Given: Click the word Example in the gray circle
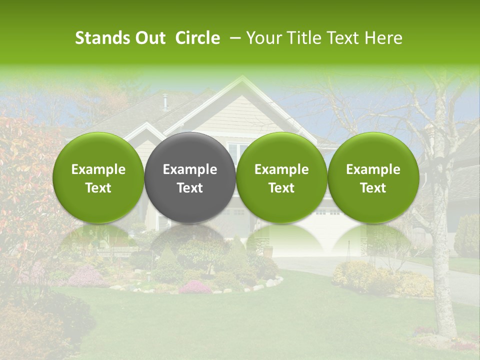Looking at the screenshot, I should coord(190,169).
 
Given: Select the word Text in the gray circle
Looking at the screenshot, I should coord(190,188).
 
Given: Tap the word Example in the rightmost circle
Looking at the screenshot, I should coord(373,169).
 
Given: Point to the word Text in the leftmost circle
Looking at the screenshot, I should coord(98,188).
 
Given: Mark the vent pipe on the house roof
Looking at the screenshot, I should coord(164,102).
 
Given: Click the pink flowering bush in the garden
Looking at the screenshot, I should coord(195,287).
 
